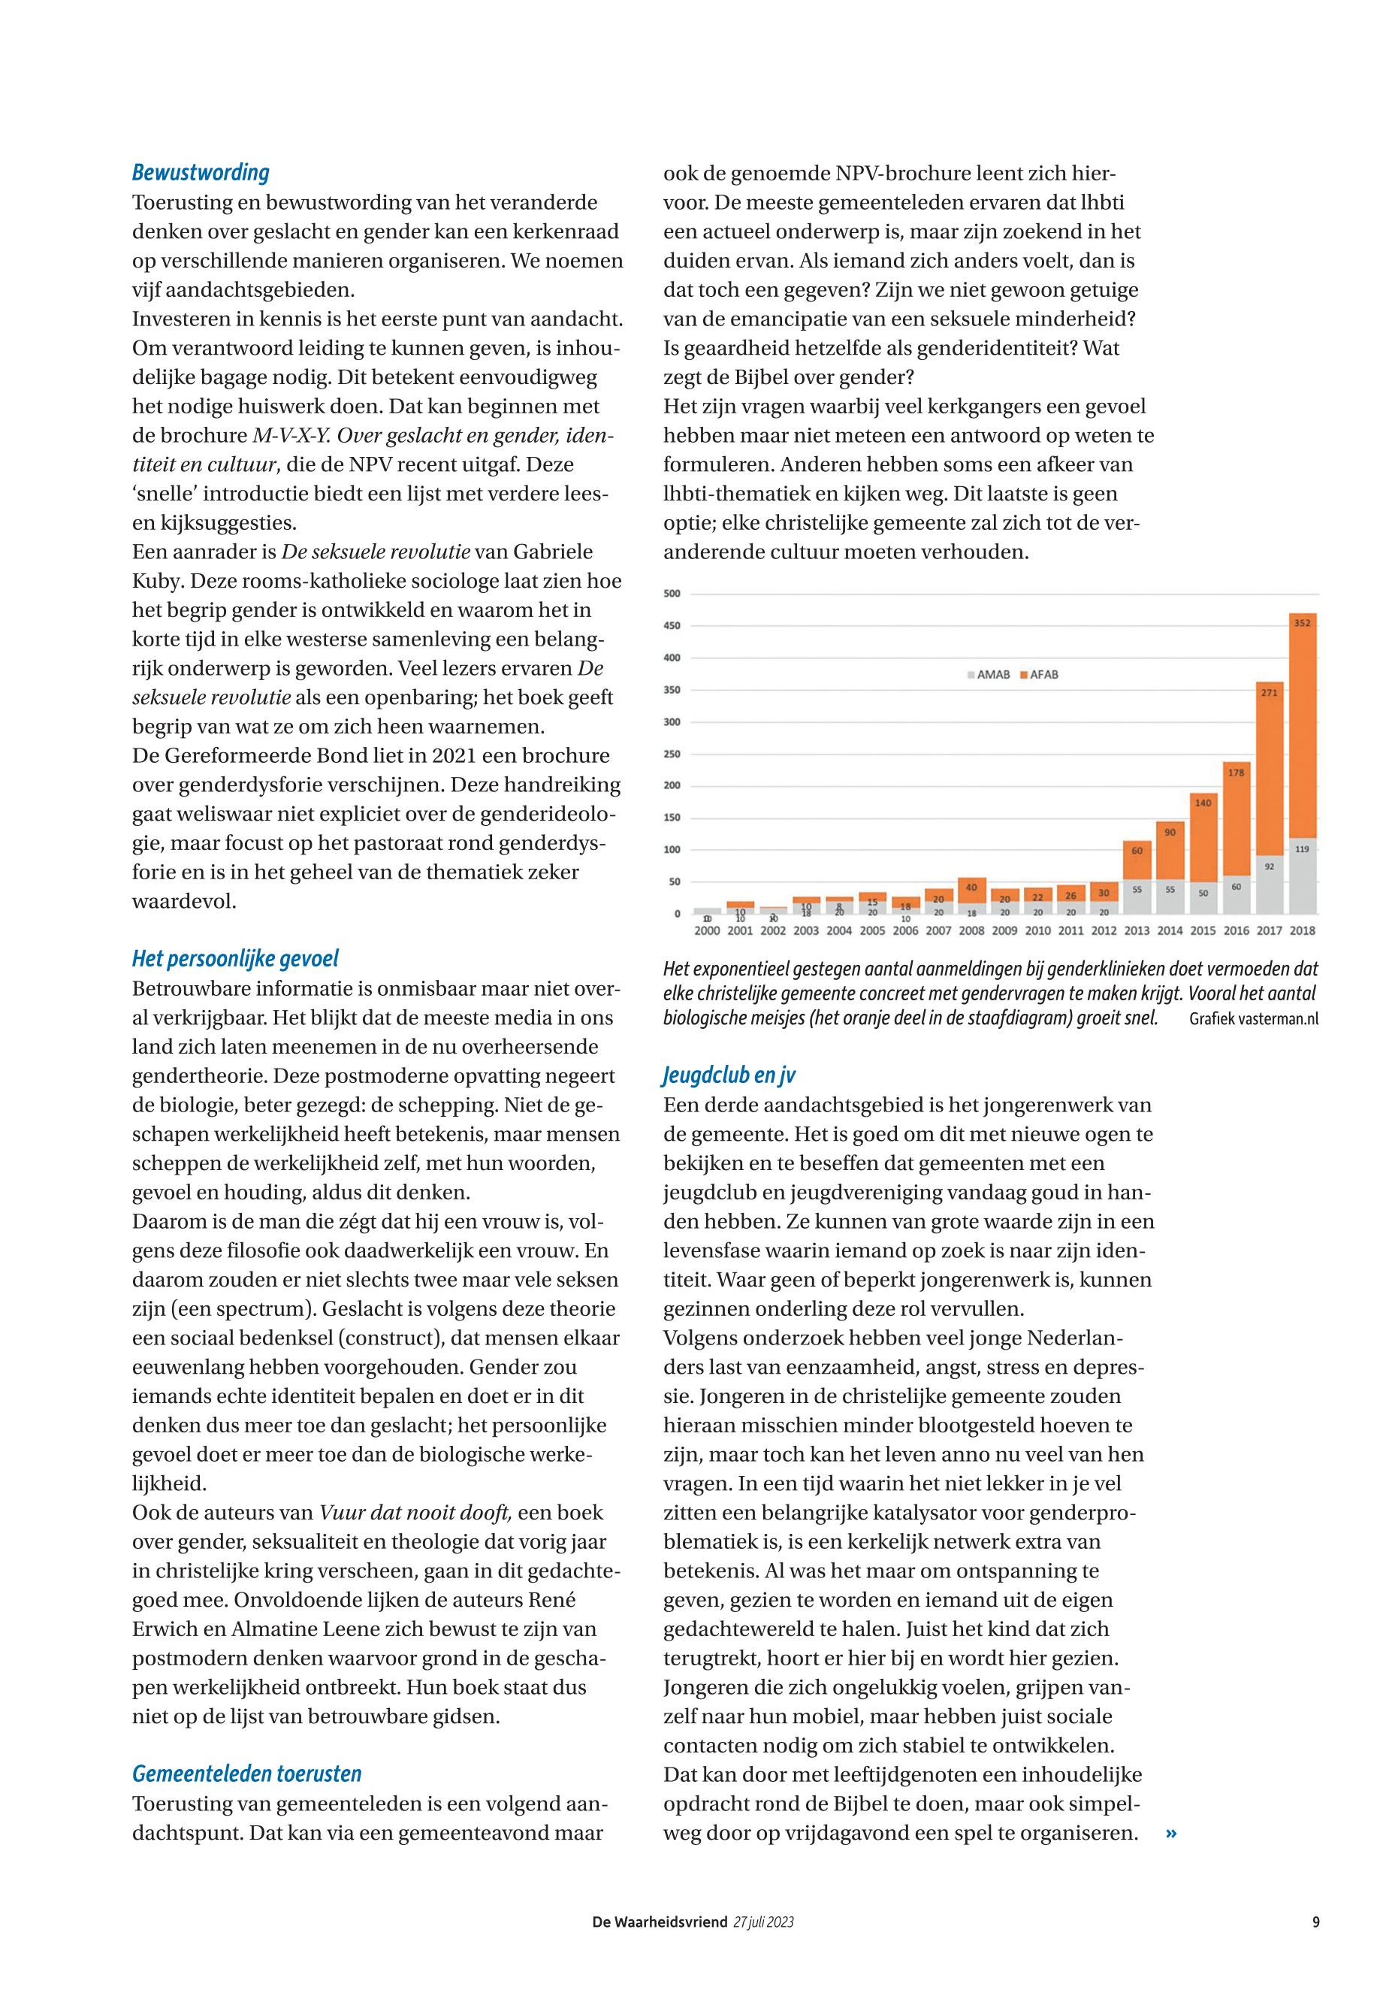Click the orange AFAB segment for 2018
(x=1302, y=725)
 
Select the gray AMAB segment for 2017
(x=1269, y=885)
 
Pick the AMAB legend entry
(x=989, y=674)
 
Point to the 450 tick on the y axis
(x=672, y=625)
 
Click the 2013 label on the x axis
(x=1136, y=930)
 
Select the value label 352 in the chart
(x=1302, y=623)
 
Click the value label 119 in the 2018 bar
(x=1302, y=848)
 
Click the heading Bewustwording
(x=201, y=172)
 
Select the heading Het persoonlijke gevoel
(x=234, y=958)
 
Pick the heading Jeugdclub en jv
(x=729, y=1075)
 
